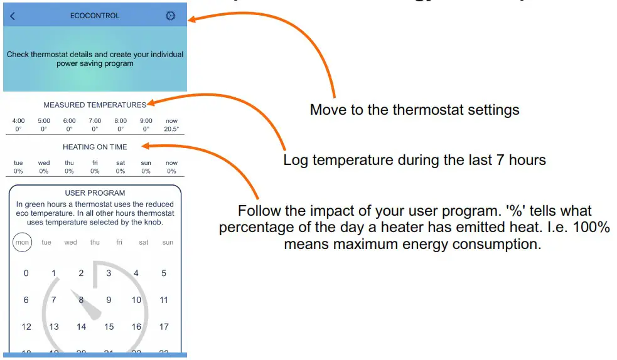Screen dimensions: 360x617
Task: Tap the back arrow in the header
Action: tap(13, 16)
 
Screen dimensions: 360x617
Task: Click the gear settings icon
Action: tap(170, 16)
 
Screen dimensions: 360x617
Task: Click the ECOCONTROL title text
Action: tap(95, 16)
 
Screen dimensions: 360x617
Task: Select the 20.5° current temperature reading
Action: tap(171, 129)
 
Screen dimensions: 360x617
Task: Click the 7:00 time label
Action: tap(95, 121)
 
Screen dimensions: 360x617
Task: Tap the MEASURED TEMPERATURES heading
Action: tap(95, 105)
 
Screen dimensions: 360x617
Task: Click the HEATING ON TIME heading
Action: tap(95, 147)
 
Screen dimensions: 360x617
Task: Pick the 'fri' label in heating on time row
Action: tap(95, 163)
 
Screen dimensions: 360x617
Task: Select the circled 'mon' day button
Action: tap(22, 243)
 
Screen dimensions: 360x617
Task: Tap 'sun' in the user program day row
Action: tap(168, 243)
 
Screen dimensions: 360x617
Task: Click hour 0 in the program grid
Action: tap(26, 273)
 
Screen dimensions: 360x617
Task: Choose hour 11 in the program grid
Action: tap(164, 300)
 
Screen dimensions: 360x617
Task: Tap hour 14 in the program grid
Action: tap(81, 327)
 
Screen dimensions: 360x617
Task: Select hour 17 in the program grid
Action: tap(164, 327)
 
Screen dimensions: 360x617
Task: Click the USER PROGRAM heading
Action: tap(95, 193)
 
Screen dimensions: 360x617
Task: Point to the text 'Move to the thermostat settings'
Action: tap(414, 110)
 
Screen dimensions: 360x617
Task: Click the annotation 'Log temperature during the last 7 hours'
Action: tap(414, 160)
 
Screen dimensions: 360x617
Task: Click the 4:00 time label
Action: tap(18, 121)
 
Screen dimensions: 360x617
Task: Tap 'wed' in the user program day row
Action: tap(70, 243)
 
